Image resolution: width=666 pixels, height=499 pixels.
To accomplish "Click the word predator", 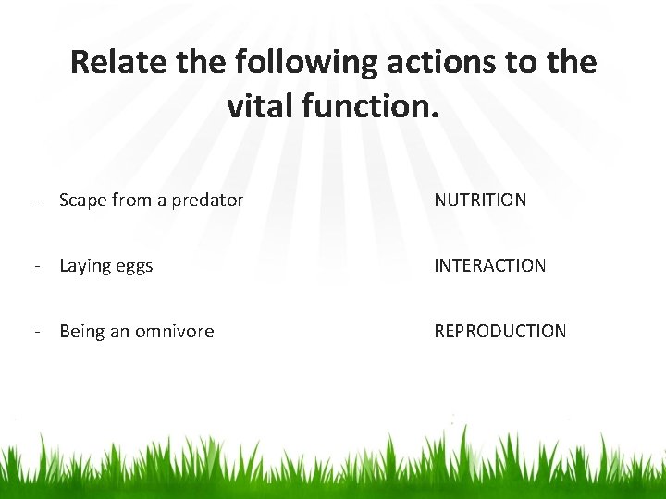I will click(x=203, y=200).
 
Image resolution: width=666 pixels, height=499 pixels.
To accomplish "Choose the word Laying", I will click(x=85, y=266).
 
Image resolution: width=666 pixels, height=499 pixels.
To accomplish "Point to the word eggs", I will click(x=135, y=266).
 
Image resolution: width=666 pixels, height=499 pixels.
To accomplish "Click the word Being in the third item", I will click(x=82, y=331).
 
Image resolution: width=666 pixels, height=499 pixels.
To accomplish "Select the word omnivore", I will click(x=176, y=331).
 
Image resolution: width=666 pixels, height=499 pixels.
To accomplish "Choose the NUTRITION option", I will click(x=480, y=200).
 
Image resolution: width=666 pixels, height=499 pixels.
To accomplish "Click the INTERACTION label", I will click(x=490, y=266).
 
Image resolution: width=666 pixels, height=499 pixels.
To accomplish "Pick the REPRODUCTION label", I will click(x=499, y=331).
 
